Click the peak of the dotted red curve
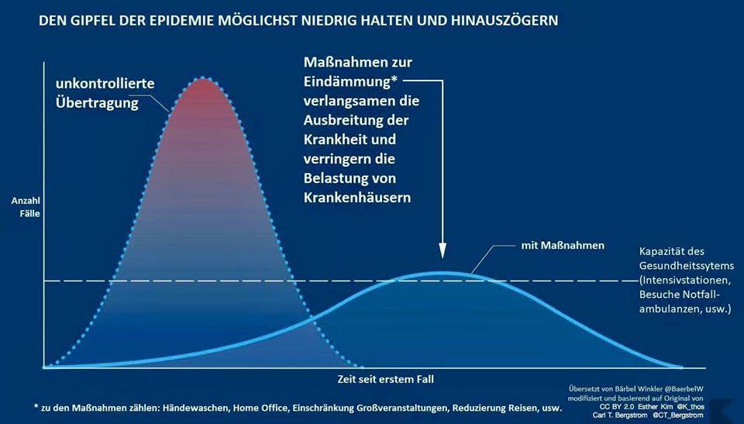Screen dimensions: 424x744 (x=203, y=78)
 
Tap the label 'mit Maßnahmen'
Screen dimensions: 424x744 (x=562, y=246)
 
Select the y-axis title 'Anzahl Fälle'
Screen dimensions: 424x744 (x=26, y=206)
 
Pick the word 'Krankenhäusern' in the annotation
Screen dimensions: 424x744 (x=356, y=198)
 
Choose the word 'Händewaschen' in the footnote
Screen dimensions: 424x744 (x=197, y=407)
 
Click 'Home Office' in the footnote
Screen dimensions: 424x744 (x=266, y=407)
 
